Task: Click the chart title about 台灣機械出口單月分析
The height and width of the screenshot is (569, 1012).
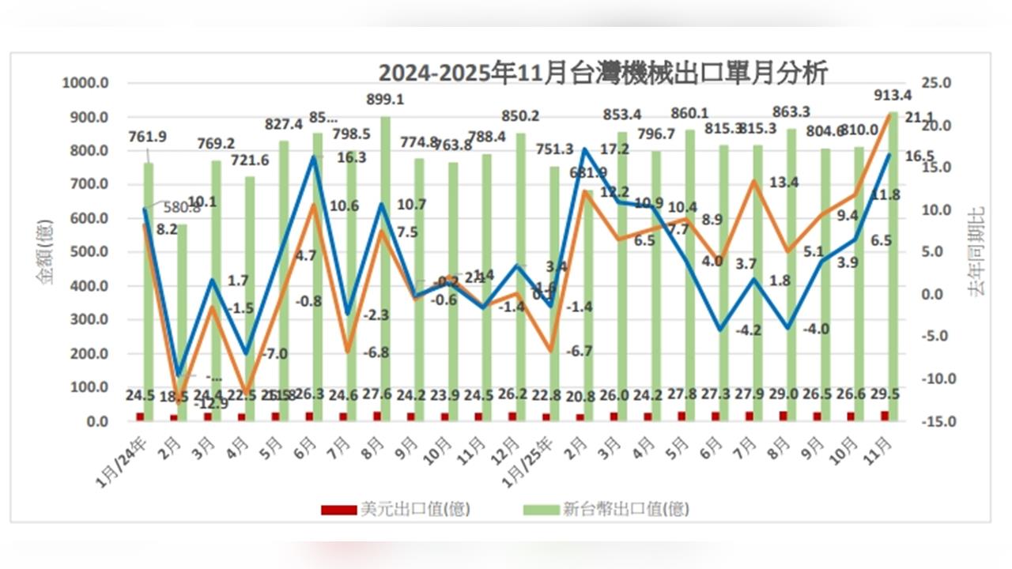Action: pyautogui.click(x=602, y=73)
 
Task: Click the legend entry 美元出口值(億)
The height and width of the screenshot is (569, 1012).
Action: pyautogui.click(x=395, y=509)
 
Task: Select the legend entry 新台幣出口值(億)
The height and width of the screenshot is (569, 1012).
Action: pyautogui.click(x=606, y=509)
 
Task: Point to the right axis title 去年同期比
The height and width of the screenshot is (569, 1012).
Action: pyautogui.click(x=977, y=251)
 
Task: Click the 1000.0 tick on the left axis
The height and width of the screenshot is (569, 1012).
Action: pyautogui.click(x=85, y=83)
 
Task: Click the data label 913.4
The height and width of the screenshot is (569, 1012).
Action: pyautogui.click(x=893, y=96)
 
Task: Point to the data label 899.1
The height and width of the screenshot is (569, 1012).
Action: pyautogui.click(x=386, y=100)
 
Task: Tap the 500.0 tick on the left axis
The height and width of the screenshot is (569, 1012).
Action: pyautogui.click(x=85, y=252)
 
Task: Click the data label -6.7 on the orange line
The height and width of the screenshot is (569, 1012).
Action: pyautogui.click(x=579, y=351)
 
